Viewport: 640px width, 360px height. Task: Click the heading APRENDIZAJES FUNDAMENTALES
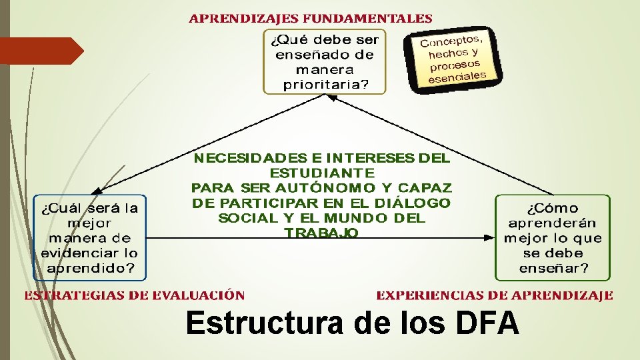pos(310,19)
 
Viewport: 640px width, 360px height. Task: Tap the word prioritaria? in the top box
pos(325,84)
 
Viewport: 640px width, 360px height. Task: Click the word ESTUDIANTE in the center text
pos(322,173)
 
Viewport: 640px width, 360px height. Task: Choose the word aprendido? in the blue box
pos(89,268)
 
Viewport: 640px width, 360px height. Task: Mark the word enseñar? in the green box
pos(553,269)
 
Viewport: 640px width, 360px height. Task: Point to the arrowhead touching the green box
pos(489,236)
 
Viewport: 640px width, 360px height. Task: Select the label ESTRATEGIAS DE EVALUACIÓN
pos(135,295)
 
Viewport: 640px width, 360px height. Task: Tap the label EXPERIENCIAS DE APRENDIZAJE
pos(494,295)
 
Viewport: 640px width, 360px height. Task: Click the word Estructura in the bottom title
pos(265,325)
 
